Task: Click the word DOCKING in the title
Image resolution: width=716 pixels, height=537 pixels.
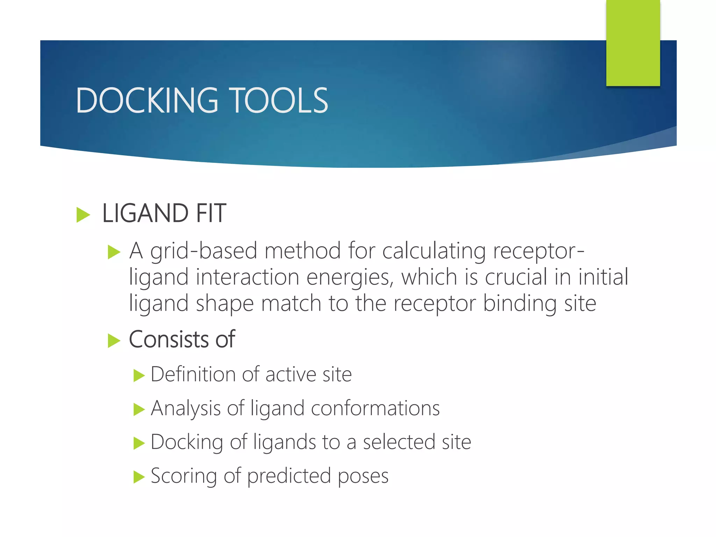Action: point(147,101)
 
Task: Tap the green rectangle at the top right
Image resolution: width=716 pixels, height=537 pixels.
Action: point(633,43)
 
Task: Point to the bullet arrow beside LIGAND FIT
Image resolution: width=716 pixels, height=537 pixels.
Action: point(83,214)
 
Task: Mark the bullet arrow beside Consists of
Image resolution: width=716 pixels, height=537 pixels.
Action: point(114,341)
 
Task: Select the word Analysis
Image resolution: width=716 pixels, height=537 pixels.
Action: point(185,408)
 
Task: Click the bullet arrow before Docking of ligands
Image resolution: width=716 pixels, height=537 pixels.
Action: point(139,443)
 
